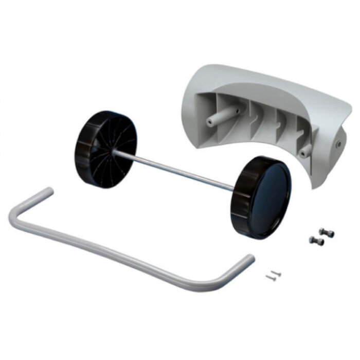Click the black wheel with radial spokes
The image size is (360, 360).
[105, 149]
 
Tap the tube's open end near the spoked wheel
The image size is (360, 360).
[48, 192]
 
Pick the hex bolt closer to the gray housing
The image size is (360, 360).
[324, 232]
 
